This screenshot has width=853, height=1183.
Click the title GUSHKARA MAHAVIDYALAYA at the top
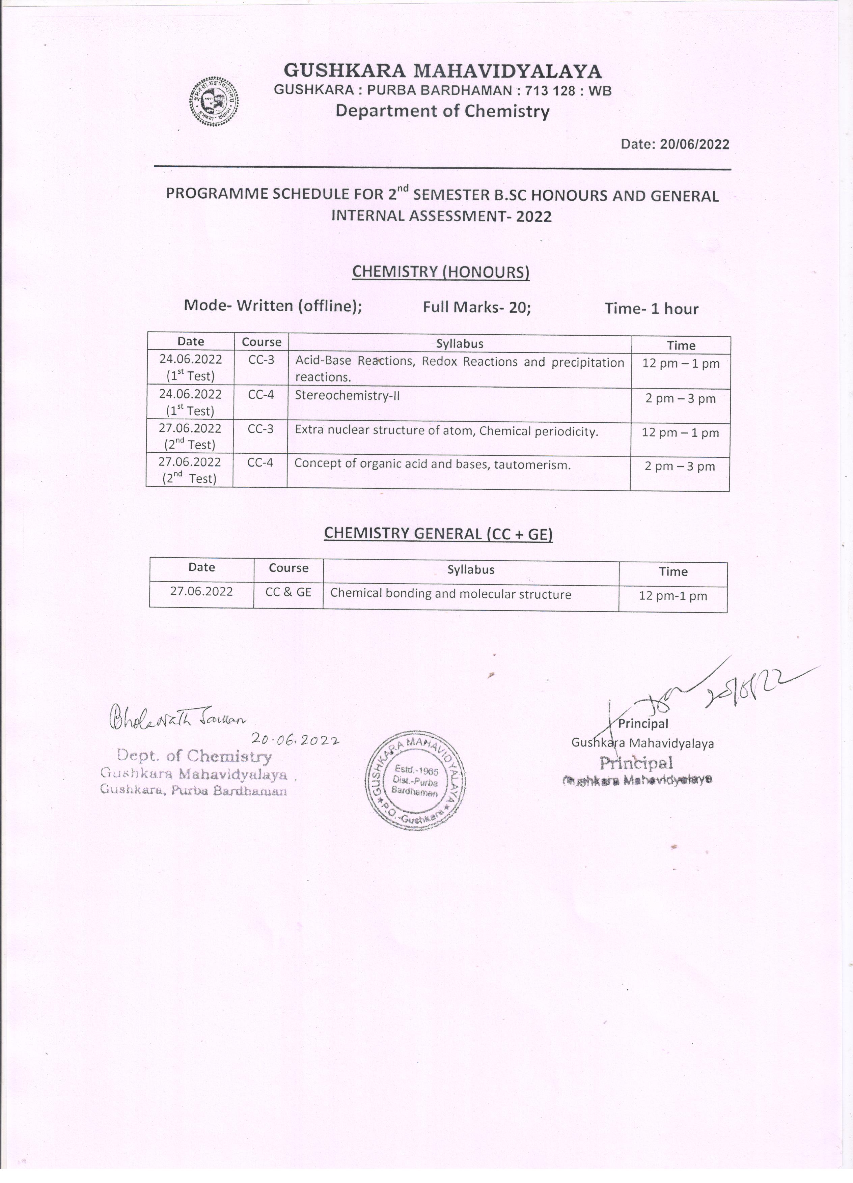pos(442,71)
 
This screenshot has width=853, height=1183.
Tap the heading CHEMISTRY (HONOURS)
pos(441,272)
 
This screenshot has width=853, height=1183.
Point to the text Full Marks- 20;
pos(477,307)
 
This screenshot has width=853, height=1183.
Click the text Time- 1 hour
pos(651,309)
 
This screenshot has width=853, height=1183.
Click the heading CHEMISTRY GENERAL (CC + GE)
pos(438,534)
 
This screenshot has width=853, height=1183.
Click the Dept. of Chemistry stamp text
pos(194,756)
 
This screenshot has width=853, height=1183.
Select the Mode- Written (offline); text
pos(273,306)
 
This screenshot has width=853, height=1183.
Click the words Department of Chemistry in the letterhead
pos(442,111)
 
